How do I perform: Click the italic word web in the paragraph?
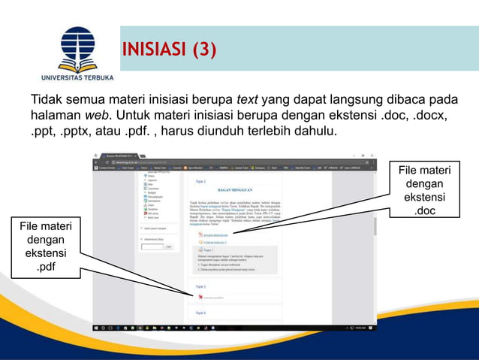tap(95, 116)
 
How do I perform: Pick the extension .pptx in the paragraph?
tap(78, 132)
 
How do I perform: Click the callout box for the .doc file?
tap(424, 191)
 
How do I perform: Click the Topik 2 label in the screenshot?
tap(200, 181)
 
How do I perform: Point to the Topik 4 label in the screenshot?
tap(200, 312)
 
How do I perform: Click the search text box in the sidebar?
tap(152, 247)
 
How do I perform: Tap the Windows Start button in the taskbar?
tap(97, 328)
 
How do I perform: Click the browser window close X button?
tap(372, 156)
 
